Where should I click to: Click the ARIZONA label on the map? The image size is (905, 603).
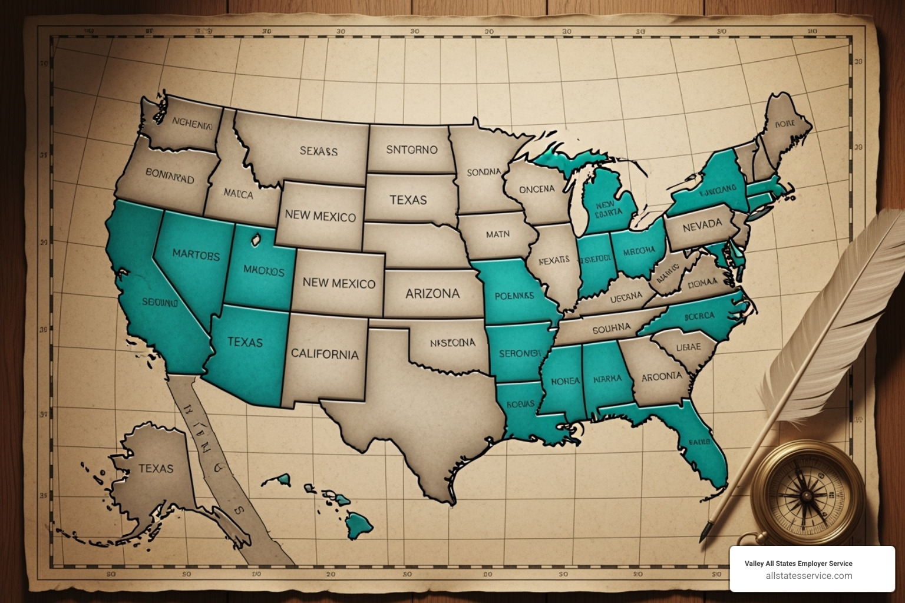pyautogui.click(x=432, y=293)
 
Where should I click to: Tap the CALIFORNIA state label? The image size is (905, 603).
pyautogui.click(x=325, y=354)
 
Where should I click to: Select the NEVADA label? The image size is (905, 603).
pyautogui.click(x=702, y=225)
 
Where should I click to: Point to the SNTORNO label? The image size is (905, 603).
pyautogui.click(x=412, y=150)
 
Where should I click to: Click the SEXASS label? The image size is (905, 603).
pyautogui.click(x=318, y=151)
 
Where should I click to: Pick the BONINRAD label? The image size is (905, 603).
pyautogui.click(x=170, y=175)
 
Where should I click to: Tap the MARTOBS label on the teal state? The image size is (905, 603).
pyautogui.click(x=196, y=255)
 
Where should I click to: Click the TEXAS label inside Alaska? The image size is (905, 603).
pyautogui.click(x=156, y=468)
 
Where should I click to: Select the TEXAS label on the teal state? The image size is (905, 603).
pyautogui.click(x=245, y=342)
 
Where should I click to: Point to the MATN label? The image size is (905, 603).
pyautogui.click(x=498, y=234)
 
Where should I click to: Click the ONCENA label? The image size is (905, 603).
pyautogui.click(x=537, y=189)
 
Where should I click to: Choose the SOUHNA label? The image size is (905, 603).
pyautogui.click(x=612, y=329)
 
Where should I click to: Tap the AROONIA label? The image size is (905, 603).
pyautogui.click(x=661, y=376)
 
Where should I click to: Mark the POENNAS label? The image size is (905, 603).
pyautogui.click(x=514, y=296)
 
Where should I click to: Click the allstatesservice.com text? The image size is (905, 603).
pyautogui.click(x=808, y=576)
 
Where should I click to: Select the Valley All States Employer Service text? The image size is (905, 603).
pyautogui.click(x=798, y=564)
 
